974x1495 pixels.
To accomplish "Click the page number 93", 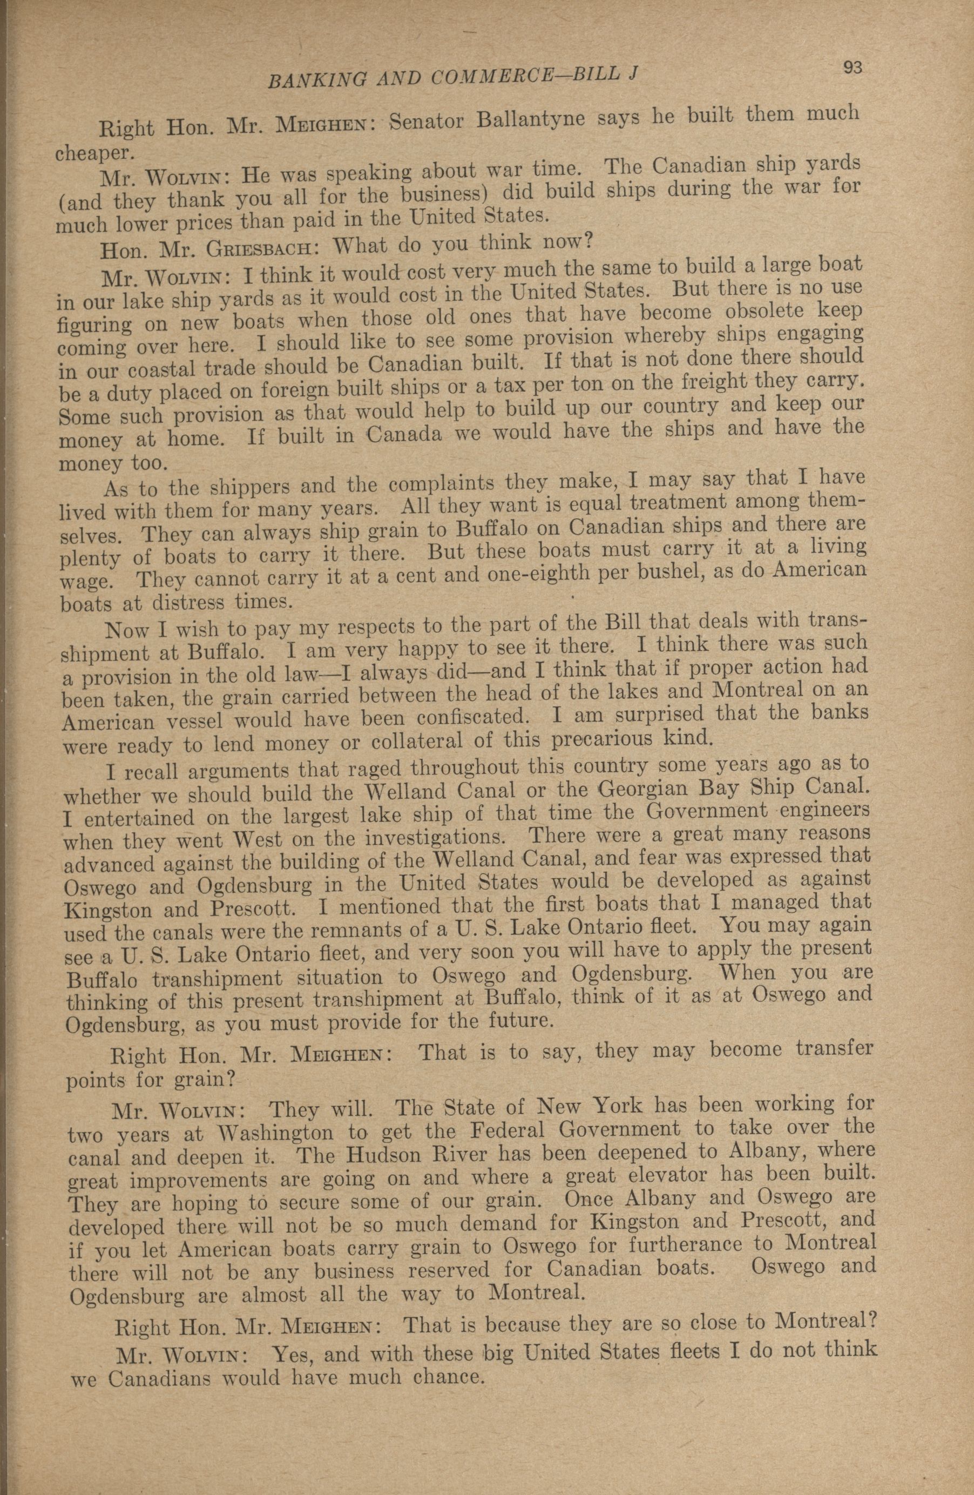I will click(851, 68).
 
